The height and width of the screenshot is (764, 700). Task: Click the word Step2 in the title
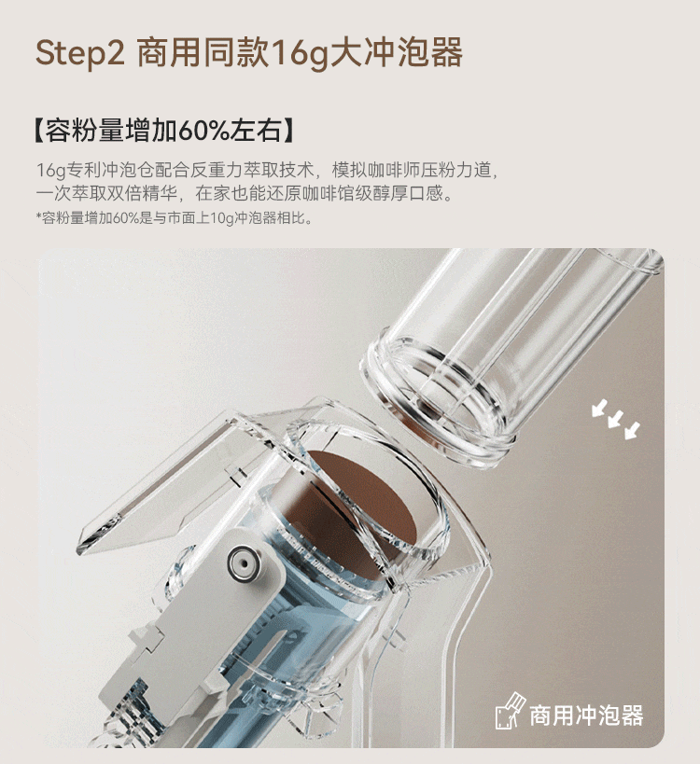coord(80,53)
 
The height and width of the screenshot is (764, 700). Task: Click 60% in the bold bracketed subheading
coord(202,131)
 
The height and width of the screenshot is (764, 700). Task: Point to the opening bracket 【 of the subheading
coord(39,131)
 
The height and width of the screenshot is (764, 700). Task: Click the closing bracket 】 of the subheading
coord(288,131)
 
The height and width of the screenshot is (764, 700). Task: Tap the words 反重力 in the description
coord(216,170)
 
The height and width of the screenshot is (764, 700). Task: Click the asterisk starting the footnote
coord(38,215)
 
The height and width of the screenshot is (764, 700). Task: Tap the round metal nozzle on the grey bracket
coord(244,563)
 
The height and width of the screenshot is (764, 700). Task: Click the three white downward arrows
coord(615,419)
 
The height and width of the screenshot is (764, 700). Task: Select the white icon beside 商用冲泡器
coord(510,711)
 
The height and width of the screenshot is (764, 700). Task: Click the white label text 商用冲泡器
coord(586,715)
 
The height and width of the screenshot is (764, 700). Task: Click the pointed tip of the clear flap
coord(81,551)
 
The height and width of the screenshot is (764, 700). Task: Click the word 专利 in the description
coord(83,170)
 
